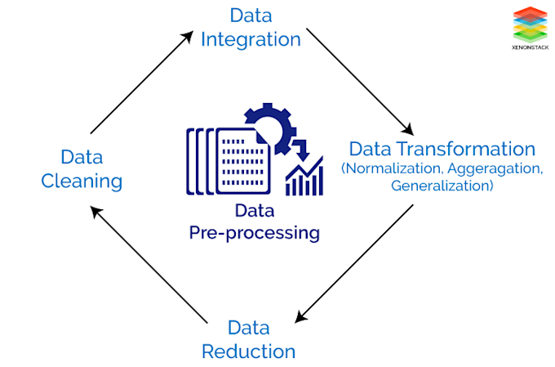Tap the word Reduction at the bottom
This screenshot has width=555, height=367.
coord(248,351)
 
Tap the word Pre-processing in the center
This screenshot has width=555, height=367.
coord(254,233)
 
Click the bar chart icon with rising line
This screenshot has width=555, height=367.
coord(304,177)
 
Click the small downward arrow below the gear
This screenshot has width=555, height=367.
coord(301,150)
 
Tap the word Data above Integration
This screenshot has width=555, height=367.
coord(251,15)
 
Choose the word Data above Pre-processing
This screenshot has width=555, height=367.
coord(254,211)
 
